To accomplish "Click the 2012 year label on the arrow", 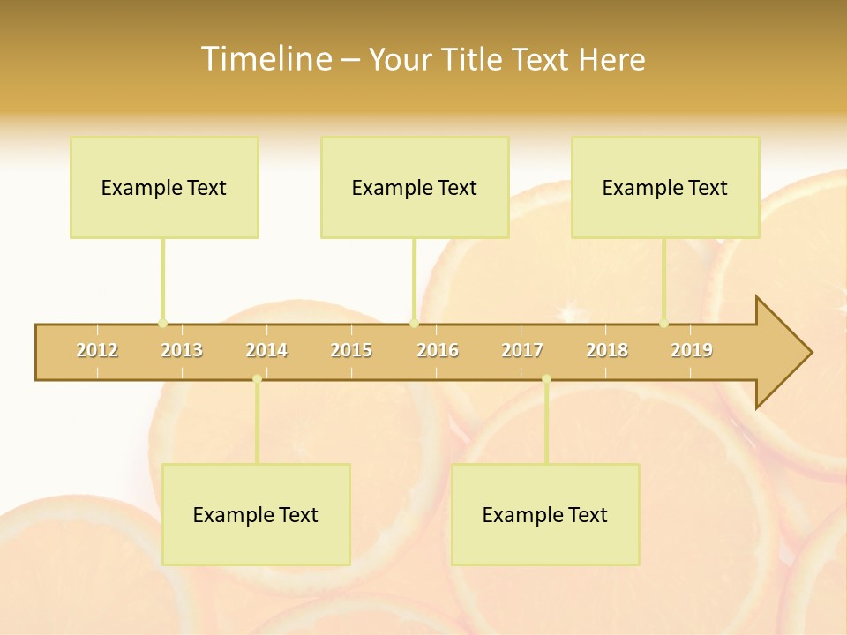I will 97,350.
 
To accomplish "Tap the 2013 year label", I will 182,350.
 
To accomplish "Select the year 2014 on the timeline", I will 266,350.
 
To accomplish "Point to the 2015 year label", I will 351,350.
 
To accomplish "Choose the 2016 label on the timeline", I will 438,350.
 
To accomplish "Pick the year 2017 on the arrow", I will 522,350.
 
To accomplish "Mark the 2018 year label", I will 607,350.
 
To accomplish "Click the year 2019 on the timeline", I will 692,350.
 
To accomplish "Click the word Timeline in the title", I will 265,59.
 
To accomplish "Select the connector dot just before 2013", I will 162,323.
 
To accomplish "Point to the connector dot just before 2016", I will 414,323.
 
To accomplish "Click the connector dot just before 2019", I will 663,323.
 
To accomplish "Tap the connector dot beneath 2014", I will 257,379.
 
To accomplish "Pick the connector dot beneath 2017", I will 546,379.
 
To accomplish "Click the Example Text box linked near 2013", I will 164,187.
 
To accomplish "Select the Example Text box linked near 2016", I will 415,187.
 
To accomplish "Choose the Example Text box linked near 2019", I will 665,187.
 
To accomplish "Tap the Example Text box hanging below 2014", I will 256,514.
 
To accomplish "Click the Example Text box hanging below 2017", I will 545,514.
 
